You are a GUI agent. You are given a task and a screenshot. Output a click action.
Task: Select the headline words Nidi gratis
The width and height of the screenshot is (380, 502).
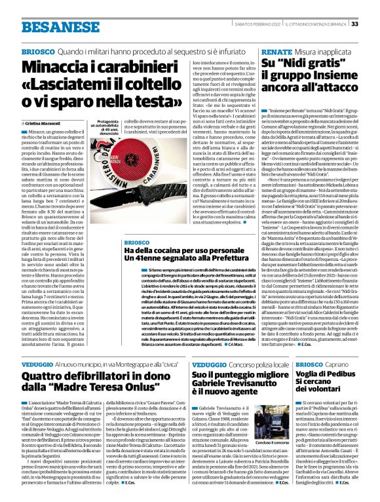[294, 64]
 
